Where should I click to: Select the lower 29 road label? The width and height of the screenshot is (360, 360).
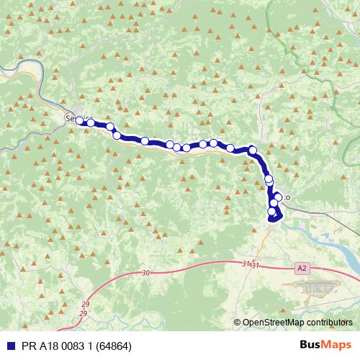(x=83, y=314)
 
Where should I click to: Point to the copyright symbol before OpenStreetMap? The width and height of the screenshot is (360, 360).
(x=238, y=323)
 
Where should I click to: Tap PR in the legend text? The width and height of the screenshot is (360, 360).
(x=29, y=346)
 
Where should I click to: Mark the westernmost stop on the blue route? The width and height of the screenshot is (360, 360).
(x=79, y=121)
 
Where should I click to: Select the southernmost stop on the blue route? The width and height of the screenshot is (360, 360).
(x=272, y=217)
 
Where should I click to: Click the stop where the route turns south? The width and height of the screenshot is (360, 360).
(x=252, y=150)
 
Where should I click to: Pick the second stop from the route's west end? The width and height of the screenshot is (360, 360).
(x=91, y=123)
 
